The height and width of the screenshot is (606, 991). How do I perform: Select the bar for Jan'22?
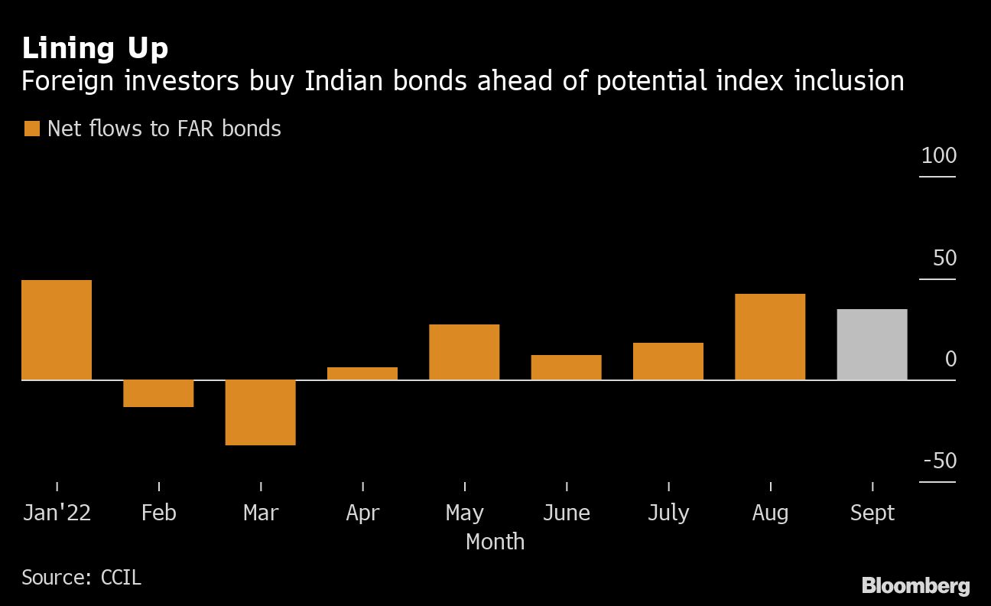tap(57, 330)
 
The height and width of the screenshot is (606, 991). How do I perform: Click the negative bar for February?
tap(158, 393)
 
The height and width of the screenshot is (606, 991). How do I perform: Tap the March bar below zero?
tap(260, 412)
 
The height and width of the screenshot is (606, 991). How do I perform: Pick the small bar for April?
tap(362, 373)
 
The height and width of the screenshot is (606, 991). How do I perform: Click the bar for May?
tap(464, 352)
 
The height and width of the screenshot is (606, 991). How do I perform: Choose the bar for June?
tap(566, 367)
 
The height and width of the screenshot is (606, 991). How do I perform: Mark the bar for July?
tap(668, 361)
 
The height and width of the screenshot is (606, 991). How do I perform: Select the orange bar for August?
tap(770, 337)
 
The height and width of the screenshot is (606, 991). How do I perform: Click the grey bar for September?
tap(872, 344)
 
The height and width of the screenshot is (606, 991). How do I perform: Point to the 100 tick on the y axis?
tap(939, 156)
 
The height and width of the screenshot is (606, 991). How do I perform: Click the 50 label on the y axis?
tap(944, 258)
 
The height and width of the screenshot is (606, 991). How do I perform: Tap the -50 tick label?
tap(940, 461)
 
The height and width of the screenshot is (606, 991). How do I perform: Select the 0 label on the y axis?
tap(950, 359)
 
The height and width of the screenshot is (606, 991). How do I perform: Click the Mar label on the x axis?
tap(261, 513)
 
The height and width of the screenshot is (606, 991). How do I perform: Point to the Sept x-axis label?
tap(872, 513)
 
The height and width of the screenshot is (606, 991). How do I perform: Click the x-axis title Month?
tap(495, 542)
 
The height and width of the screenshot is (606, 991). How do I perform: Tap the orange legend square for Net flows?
tap(31, 129)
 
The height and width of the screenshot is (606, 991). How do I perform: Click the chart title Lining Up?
tap(95, 49)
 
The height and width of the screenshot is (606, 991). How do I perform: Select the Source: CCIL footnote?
tap(81, 577)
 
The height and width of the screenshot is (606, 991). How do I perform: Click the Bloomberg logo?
tap(915, 586)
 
